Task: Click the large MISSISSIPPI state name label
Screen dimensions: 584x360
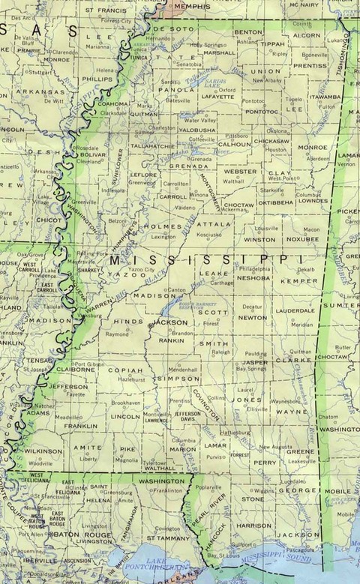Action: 202,260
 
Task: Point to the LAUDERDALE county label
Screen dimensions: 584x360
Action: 295,310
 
